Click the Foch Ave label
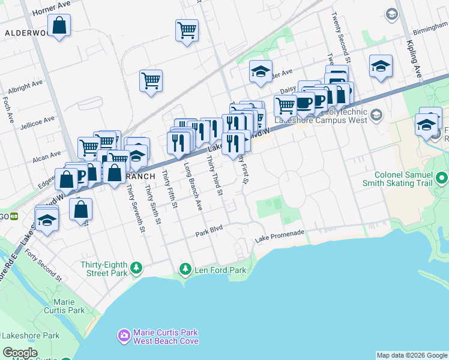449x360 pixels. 8,109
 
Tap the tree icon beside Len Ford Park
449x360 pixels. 186,269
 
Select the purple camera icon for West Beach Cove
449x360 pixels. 124,336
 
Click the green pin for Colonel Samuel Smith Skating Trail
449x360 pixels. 442,178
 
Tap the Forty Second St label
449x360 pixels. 43,266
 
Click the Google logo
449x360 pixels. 20,352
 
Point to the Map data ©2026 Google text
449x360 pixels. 411,355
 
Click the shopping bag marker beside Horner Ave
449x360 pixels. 59,26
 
